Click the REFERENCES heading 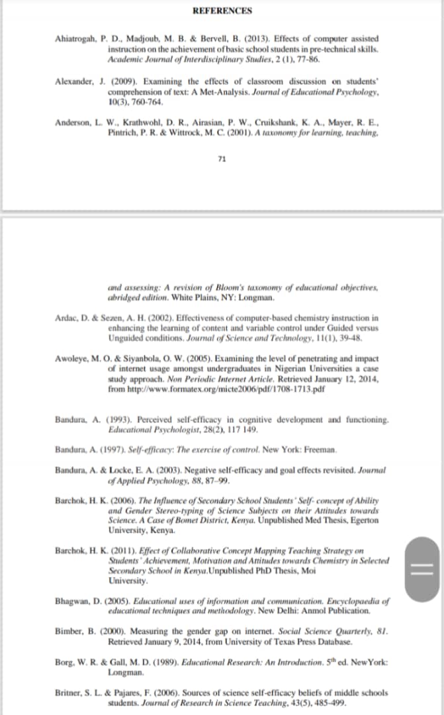click(x=222, y=11)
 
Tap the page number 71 click(x=222, y=159)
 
